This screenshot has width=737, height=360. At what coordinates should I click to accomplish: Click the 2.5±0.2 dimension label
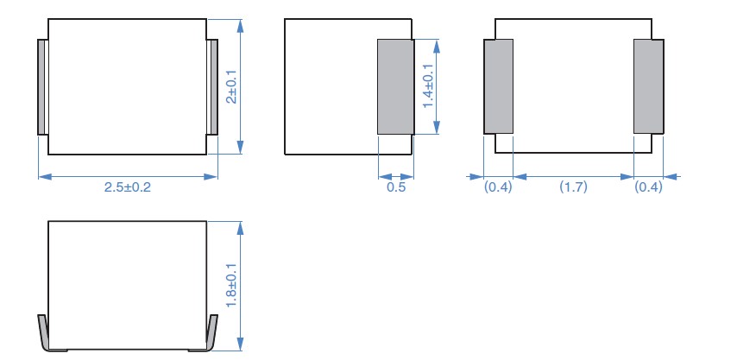tap(128, 187)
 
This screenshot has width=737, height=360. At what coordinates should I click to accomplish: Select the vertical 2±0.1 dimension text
tap(232, 87)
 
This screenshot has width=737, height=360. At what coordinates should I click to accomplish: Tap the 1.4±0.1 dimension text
tap(428, 86)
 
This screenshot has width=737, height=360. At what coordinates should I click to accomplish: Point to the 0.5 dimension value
tap(396, 187)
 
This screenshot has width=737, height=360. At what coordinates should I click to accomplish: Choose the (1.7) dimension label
tap(573, 187)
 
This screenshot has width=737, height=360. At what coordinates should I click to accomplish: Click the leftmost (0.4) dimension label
tap(498, 187)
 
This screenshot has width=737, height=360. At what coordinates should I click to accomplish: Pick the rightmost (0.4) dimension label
tap(649, 187)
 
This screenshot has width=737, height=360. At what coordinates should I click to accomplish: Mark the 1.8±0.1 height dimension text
tap(232, 286)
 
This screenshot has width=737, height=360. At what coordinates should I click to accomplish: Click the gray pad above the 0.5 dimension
tap(396, 87)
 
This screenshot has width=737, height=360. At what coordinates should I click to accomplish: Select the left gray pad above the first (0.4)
tap(498, 86)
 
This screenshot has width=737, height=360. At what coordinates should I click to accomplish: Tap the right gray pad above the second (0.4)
tap(649, 86)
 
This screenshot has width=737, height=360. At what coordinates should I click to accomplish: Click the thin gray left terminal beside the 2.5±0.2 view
tap(43, 87)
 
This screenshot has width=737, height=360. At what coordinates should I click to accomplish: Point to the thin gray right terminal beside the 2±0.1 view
tap(212, 87)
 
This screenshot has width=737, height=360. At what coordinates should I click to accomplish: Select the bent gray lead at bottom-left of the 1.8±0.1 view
tap(47, 335)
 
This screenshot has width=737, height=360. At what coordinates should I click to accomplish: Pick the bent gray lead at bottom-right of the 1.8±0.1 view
tap(208, 335)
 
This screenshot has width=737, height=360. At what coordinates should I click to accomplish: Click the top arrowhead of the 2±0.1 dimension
tap(240, 26)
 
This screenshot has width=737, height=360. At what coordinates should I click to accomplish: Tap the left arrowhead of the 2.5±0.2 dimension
tap(45, 177)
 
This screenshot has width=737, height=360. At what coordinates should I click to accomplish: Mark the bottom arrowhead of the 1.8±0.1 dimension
tap(240, 344)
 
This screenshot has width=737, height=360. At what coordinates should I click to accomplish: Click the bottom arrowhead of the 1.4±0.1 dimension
tap(437, 128)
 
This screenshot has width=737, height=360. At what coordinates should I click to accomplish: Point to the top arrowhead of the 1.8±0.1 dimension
tap(240, 228)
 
